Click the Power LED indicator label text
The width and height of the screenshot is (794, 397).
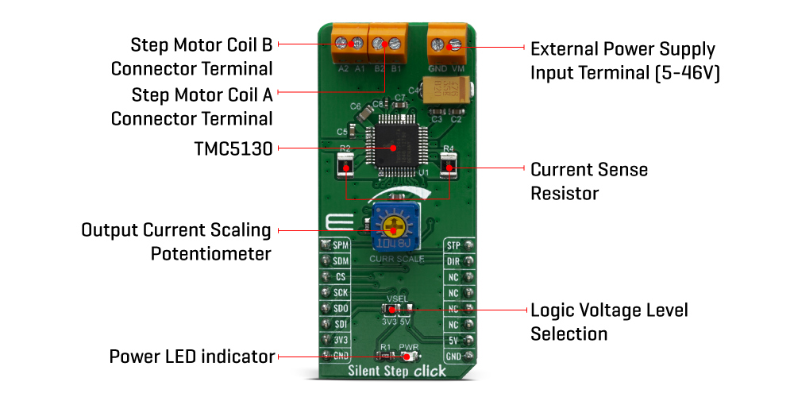(192, 357)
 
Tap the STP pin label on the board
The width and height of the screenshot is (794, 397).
(454, 245)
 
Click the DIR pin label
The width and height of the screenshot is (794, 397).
(454, 261)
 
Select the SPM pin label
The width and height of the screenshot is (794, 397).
(341, 245)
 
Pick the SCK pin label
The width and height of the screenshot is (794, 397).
(341, 293)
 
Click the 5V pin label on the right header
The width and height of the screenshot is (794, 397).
(454, 341)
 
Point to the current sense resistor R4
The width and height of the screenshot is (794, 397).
(449, 167)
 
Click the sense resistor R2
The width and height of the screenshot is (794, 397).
(345, 167)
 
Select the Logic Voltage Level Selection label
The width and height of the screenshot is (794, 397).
(609, 321)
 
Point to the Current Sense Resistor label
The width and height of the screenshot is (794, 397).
(589, 181)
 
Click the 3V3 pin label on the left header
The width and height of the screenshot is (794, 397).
(341, 341)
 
